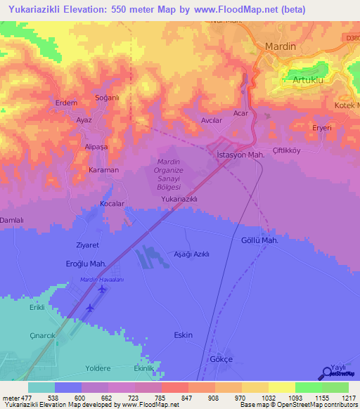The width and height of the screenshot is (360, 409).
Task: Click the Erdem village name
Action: pos(66,103)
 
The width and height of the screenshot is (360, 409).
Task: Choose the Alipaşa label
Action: pos(96,147)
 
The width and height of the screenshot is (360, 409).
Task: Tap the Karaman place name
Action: pos(104,170)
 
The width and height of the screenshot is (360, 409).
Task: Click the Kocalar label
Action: pos(112,204)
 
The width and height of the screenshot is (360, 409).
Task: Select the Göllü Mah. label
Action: pos(260,240)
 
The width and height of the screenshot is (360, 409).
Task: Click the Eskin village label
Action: pos(183,335)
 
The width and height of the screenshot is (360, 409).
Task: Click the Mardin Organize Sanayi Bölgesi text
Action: pos(168,174)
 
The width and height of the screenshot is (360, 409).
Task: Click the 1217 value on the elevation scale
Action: pos(348,397)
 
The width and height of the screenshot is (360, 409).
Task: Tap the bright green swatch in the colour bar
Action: pos(309,387)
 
